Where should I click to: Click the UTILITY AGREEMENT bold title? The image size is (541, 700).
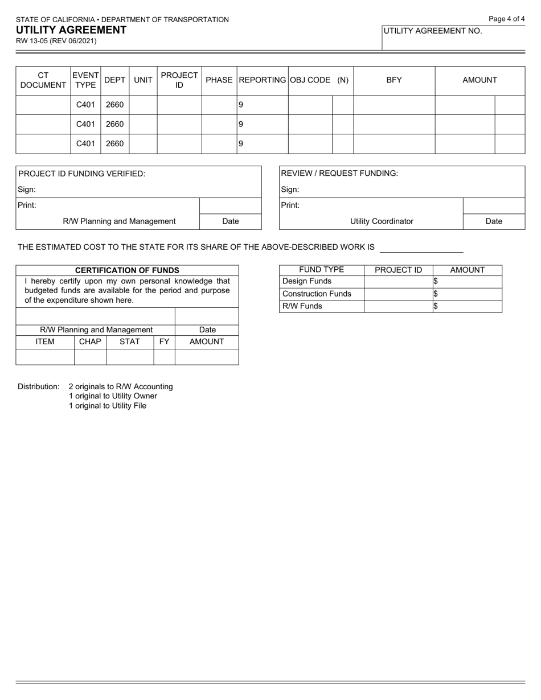click(71, 30)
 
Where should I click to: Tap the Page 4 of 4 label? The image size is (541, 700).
click(507, 19)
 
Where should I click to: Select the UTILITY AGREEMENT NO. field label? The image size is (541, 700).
click(433, 31)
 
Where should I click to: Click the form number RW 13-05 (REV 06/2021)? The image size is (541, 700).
click(56, 41)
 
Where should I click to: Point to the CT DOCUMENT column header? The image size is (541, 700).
click(43, 80)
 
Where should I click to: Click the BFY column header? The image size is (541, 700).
click(394, 80)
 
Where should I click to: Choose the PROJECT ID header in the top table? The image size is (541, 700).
click(179, 80)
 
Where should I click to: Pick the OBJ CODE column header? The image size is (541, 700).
click(310, 80)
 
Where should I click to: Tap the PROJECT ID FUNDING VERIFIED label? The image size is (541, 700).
click(82, 174)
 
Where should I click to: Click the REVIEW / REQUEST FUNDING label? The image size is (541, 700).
click(340, 174)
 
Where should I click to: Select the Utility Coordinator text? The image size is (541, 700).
click(382, 221)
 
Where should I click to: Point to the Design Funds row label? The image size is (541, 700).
click(307, 281)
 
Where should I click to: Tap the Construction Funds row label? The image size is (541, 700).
click(317, 294)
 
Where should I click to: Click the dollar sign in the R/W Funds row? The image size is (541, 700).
click(436, 306)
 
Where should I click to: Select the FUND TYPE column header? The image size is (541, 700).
click(321, 270)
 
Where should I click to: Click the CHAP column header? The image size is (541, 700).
click(90, 341)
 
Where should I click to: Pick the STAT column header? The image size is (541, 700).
click(130, 341)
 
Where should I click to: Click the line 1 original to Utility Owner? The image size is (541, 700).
click(113, 396)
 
